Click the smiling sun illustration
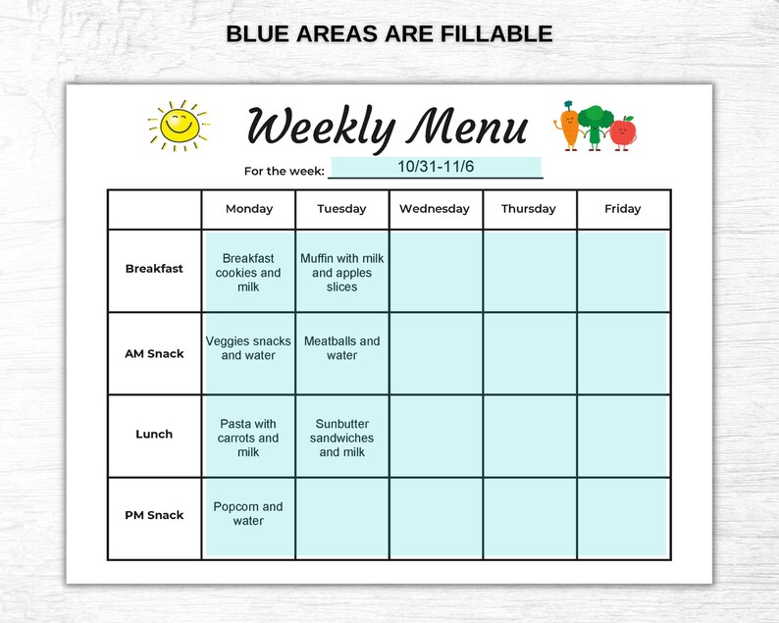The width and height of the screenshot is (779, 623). point(179,126)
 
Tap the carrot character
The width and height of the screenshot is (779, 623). point(567,127)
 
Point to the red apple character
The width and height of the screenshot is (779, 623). point(622,131)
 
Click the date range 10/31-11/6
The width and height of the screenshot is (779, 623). point(436,167)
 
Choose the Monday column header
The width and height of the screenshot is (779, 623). point(249,209)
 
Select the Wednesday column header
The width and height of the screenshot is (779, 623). point(435,209)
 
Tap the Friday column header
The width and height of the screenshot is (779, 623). point(623,209)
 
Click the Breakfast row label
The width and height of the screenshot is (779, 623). point(154,269)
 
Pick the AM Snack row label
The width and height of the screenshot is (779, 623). point(154,353)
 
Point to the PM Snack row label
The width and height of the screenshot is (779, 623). point(154,515)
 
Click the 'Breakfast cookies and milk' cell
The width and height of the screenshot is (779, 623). point(248,273)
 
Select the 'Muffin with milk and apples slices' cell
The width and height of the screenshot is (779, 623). point(342,273)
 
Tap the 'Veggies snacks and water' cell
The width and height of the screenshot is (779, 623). point(248,348)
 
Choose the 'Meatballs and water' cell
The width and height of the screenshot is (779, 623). point(342,348)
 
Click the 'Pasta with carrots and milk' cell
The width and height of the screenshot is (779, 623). point(248,439)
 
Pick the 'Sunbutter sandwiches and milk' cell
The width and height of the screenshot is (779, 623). point(342,439)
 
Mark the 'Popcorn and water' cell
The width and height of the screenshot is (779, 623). point(248,514)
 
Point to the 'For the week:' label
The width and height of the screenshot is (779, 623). point(284,172)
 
